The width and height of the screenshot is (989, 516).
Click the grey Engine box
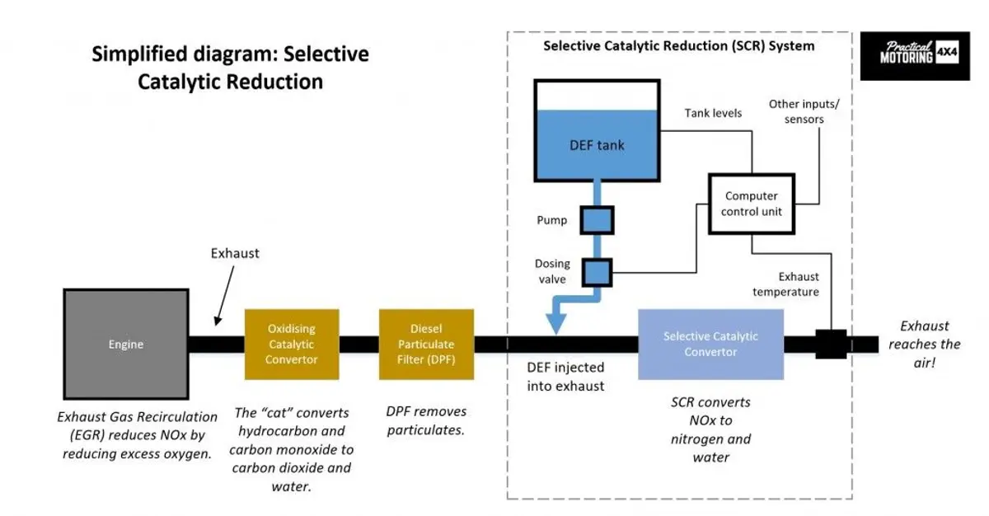pyautogui.click(x=126, y=345)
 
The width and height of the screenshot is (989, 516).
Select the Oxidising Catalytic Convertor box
pyautogui.click(x=292, y=345)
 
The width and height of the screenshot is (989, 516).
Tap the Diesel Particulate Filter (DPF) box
pyautogui.click(x=427, y=345)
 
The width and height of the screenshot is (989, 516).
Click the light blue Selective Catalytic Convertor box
pyautogui.click(x=710, y=345)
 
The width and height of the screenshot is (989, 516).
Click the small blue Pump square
pyautogui.click(x=597, y=220)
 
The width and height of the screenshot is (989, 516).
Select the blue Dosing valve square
pyautogui.click(x=597, y=273)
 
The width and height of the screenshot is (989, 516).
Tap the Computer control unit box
pyautogui.click(x=752, y=204)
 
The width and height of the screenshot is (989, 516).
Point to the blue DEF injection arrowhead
pyautogui.click(x=556, y=324)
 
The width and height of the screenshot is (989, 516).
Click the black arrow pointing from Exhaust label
pyautogui.click(x=225, y=295)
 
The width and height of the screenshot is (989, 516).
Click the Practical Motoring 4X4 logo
pyautogui.click(x=915, y=55)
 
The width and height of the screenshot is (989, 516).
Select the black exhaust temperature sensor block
pyautogui.click(x=831, y=344)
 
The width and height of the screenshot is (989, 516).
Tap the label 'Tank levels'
pyautogui.click(x=713, y=113)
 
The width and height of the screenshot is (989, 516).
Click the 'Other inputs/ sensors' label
pyautogui.click(x=804, y=111)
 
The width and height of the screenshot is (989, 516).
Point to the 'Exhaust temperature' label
pyautogui.click(x=786, y=284)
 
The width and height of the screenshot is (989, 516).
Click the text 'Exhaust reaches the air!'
pyautogui.click(x=925, y=345)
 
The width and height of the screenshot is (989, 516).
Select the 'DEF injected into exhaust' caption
pyautogui.click(x=565, y=377)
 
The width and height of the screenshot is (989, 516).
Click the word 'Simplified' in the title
pyautogui.click(x=139, y=54)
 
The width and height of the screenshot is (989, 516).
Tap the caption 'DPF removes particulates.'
pyautogui.click(x=426, y=420)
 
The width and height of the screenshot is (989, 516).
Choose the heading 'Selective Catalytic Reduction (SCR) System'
pyautogui.click(x=679, y=46)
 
